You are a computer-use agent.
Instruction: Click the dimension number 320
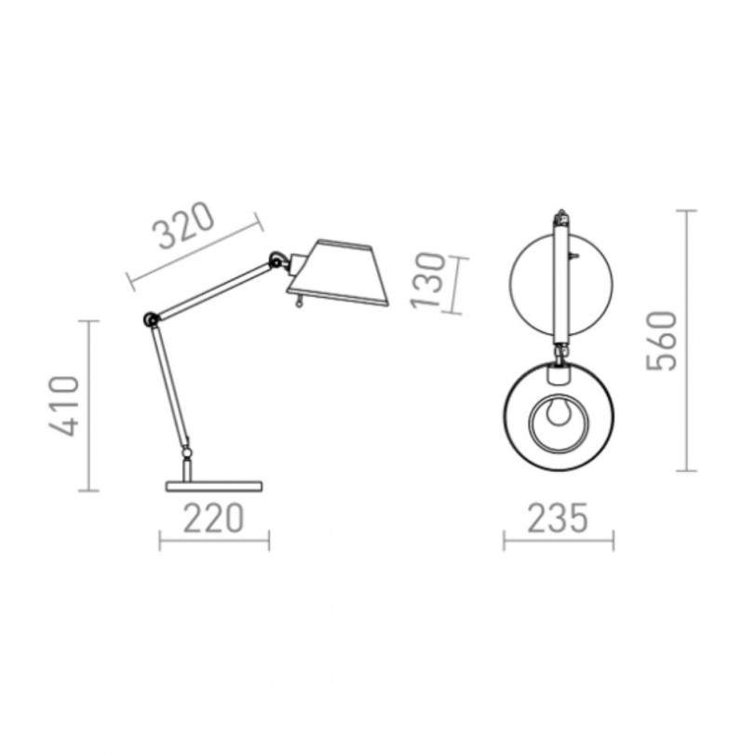[x=182, y=226]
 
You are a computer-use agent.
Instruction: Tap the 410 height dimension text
[x=64, y=407]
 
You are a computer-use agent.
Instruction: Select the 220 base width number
[x=214, y=518]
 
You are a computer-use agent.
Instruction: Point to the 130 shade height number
[x=428, y=280]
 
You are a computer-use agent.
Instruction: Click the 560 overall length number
[x=661, y=341]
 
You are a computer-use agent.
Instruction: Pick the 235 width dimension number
[x=558, y=518]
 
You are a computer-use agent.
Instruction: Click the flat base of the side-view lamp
[x=214, y=486]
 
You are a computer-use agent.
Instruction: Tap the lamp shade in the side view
[x=338, y=273]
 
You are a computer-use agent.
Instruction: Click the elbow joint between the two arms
[x=151, y=319]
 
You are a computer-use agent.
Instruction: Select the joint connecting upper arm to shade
[x=277, y=260]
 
